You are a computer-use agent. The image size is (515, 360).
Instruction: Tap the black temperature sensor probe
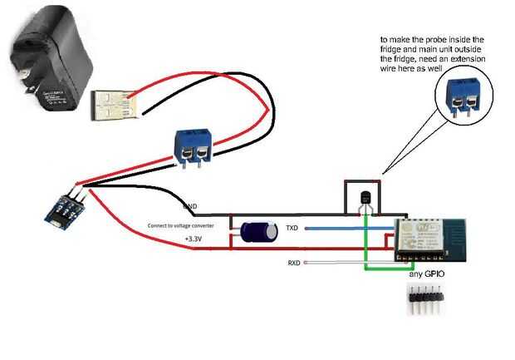click(365, 200)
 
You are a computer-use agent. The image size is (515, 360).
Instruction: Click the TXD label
click(292, 227)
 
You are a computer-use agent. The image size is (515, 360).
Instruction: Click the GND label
click(190, 205)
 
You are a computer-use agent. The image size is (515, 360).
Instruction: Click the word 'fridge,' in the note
click(414, 60)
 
